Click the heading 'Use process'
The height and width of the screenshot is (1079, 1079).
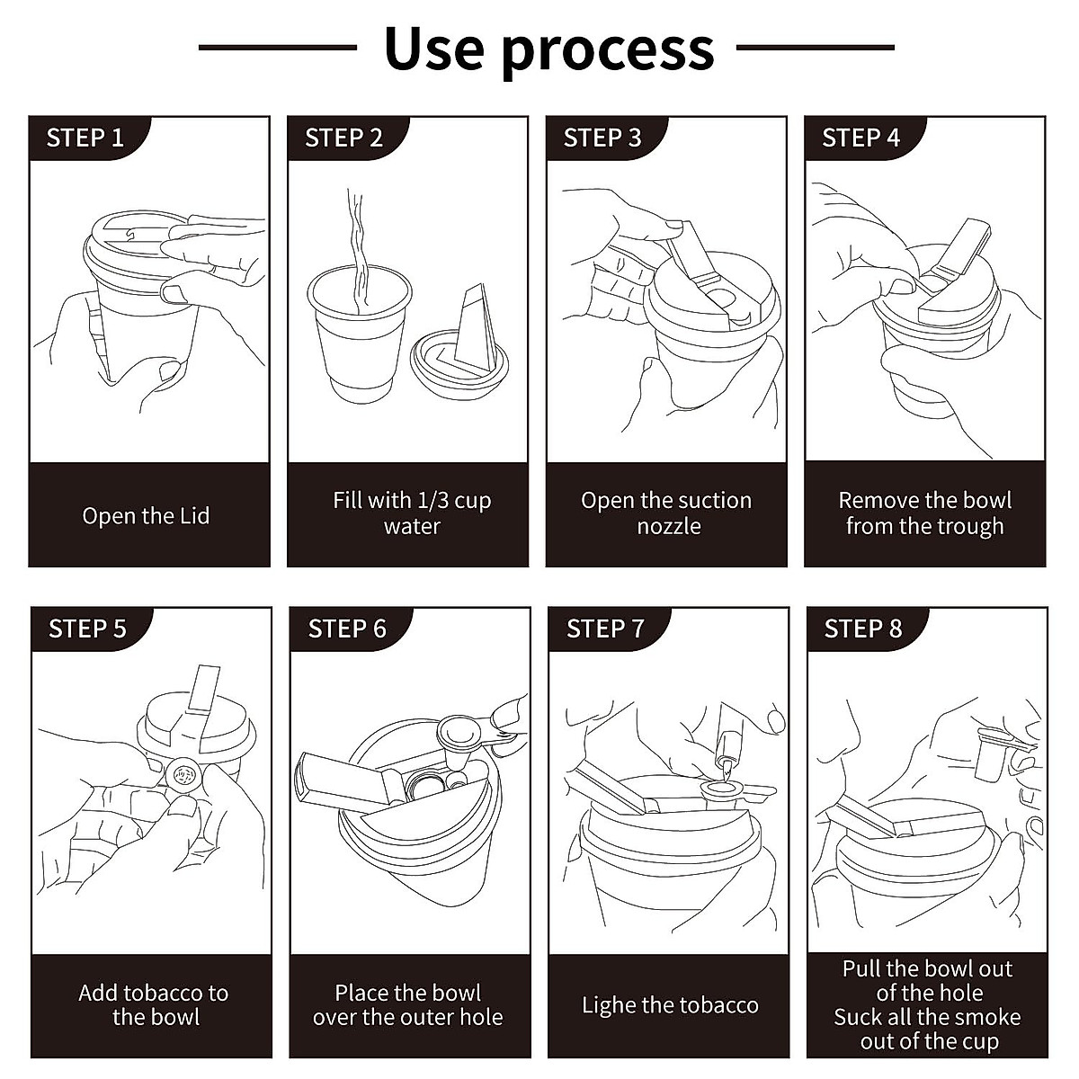(548, 49)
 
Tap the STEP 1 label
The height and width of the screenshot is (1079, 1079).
(85, 138)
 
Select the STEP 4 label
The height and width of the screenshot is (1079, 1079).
(861, 138)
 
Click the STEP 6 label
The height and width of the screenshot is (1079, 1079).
(346, 629)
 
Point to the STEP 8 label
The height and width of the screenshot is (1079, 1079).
(862, 629)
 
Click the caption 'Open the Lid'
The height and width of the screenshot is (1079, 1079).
(146, 516)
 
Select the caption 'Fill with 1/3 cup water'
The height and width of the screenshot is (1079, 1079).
(412, 513)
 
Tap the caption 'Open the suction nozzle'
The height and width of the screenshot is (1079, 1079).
(666, 513)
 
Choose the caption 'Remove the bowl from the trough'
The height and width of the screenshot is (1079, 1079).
(924, 513)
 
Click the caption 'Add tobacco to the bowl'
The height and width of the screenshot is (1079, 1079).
(154, 1004)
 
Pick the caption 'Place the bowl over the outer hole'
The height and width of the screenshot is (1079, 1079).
(408, 1004)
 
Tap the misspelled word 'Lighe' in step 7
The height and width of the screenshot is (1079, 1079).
(609, 1005)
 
